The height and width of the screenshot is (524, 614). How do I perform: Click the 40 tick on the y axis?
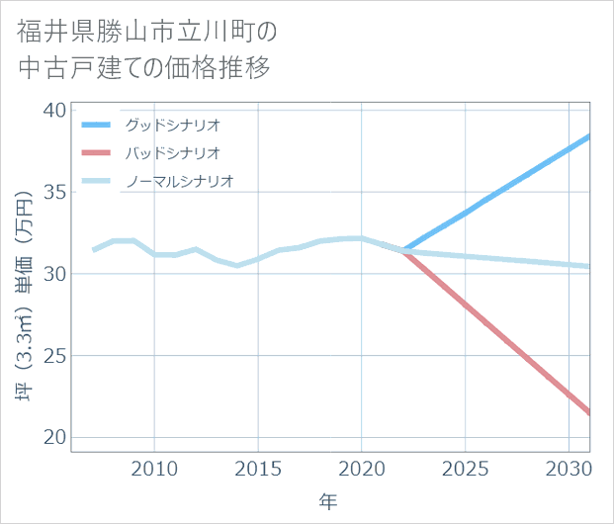point(54,110)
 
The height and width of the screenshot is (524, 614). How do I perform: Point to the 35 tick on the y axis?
point(54,192)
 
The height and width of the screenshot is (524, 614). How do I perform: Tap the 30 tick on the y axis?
point(54,274)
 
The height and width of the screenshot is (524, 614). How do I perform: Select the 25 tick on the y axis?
point(54,356)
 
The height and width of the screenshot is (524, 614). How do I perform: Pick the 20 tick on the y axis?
point(54,438)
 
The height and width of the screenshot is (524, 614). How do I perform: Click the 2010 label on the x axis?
point(154,468)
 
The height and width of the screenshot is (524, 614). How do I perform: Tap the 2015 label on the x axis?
point(258,468)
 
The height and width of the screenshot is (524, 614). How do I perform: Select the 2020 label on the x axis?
point(362,468)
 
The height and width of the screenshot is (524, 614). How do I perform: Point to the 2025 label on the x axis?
point(466,468)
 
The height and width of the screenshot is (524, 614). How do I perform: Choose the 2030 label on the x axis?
point(570,468)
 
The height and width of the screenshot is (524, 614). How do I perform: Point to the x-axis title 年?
point(329,501)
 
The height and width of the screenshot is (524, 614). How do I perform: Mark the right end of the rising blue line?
point(590,135)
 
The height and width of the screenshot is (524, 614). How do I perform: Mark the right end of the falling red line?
point(590,413)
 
